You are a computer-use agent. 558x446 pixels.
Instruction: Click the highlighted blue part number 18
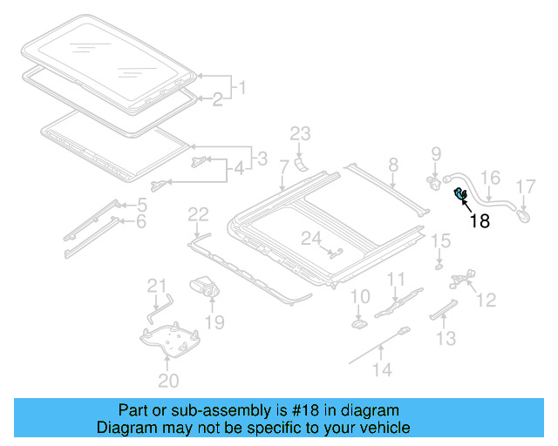point(459,195)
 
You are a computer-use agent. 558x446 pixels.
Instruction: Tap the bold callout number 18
point(480,221)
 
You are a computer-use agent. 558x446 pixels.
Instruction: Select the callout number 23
point(300,133)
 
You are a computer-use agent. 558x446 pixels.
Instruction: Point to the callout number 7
point(283,166)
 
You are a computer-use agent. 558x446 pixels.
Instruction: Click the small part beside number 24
point(335,252)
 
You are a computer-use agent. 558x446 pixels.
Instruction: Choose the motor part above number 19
point(206,286)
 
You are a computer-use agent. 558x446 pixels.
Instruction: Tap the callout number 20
point(168,380)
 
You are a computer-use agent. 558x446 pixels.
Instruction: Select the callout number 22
point(199,214)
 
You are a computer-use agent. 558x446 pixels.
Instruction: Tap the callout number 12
point(486,300)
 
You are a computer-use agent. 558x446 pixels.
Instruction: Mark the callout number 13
point(446,337)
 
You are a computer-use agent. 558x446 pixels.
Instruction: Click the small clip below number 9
point(433,183)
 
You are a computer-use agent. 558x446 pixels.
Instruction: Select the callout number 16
point(491,179)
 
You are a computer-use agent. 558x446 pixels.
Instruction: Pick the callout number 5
point(141,206)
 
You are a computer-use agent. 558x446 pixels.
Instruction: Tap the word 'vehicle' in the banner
point(384,428)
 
